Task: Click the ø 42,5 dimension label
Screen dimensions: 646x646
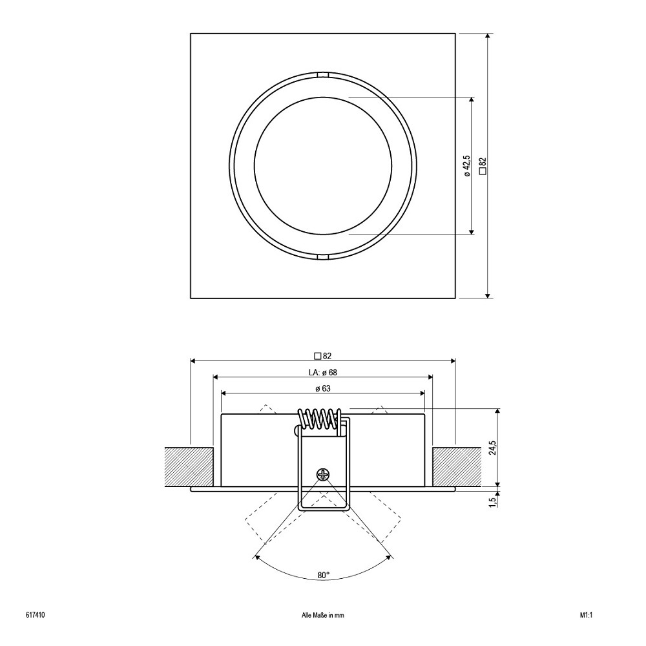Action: tap(466, 166)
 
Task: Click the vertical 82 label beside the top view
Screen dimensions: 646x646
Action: tap(483, 167)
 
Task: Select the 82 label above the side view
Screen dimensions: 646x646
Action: tap(323, 356)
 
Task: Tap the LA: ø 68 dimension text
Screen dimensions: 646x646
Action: tap(323, 373)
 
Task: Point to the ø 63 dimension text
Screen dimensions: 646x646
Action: tap(323, 388)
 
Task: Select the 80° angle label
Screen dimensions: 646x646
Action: tap(324, 575)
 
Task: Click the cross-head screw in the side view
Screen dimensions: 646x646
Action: tap(323, 475)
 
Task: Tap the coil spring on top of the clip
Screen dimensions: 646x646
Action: tap(320, 421)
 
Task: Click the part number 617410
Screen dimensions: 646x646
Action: tap(35, 615)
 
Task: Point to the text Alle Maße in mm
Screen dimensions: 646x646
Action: tap(323, 616)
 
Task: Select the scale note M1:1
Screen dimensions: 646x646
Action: tap(586, 615)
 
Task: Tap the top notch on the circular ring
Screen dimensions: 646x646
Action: tap(323, 75)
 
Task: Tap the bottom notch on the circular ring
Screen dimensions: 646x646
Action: tap(323, 257)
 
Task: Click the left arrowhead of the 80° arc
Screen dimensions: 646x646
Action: tap(257, 557)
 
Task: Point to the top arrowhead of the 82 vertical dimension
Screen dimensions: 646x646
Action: tap(488, 37)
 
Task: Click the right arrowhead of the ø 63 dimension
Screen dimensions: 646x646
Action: tap(421, 393)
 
